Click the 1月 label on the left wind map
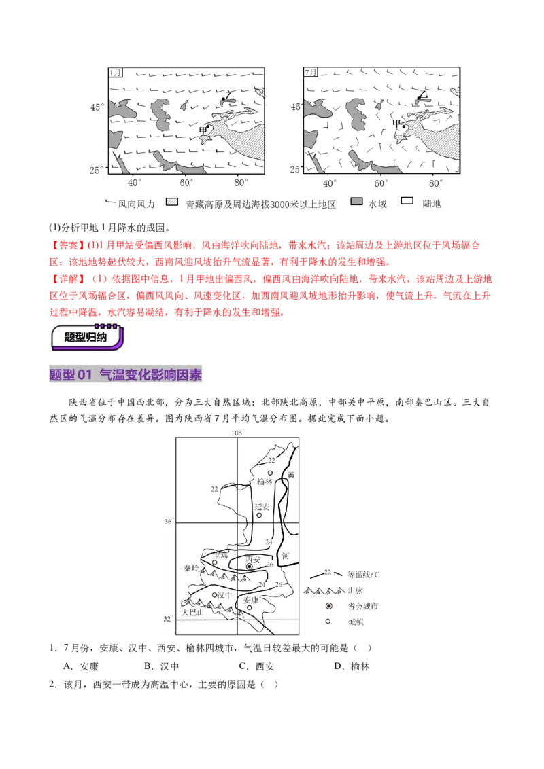(x=116, y=73)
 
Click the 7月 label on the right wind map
(x=311, y=73)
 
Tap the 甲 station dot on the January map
(x=208, y=126)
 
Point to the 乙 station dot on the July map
(x=418, y=99)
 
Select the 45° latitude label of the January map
(x=97, y=107)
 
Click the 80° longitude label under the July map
(x=435, y=183)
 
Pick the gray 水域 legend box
(x=356, y=202)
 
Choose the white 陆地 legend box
(x=407, y=201)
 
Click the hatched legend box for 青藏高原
(x=172, y=202)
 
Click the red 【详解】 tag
(x=68, y=279)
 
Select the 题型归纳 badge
(x=87, y=337)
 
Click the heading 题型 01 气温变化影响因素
(x=126, y=375)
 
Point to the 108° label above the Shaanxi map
(x=237, y=433)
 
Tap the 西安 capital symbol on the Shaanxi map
(x=250, y=567)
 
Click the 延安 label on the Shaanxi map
(x=262, y=507)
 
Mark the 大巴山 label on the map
(x=192, y=613)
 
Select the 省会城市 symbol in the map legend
(x=328, y=606)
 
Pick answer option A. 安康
(x=81, y=666)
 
